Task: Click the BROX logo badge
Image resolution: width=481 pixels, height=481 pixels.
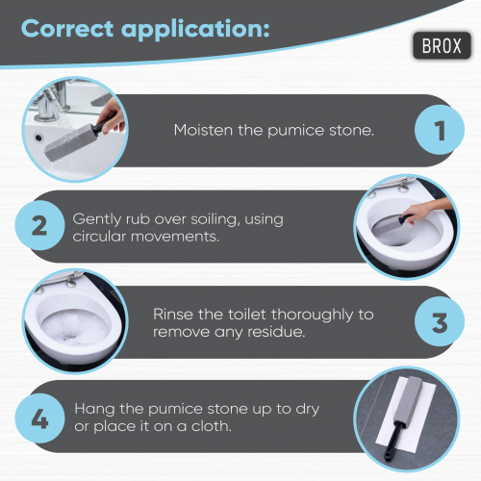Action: [442, 45]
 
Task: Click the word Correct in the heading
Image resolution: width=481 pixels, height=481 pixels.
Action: [67, 29]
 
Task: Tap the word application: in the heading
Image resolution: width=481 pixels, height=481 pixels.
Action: [195, 31]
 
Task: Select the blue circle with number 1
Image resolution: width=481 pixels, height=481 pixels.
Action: [440, 130]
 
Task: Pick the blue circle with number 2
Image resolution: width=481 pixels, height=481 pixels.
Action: [39, 225]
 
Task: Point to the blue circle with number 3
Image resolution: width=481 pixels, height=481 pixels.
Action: [440, 321]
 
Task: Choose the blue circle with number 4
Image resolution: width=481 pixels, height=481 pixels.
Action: [39, 418]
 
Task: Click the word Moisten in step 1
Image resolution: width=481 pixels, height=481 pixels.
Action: [203, 130]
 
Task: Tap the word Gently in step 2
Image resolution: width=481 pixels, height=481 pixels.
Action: [97, 220]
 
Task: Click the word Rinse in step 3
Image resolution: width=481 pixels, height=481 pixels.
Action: [173, 315]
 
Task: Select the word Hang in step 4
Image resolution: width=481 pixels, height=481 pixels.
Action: [94, 410]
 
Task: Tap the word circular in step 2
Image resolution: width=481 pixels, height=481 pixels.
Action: [99, 237]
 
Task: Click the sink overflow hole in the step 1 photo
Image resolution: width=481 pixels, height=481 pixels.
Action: [38, 138]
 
